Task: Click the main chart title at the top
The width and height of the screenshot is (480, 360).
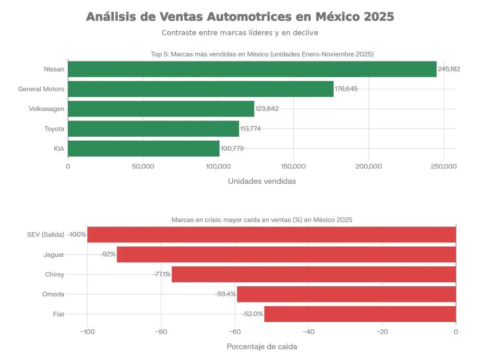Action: [240, 17]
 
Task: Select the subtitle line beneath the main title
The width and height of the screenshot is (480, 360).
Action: [240, 34]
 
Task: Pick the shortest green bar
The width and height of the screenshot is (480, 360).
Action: [144, 149]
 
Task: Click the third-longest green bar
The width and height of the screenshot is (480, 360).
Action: [161, 109]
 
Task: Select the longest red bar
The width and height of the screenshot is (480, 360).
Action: [271, 234]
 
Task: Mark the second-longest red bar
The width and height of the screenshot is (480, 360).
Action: [286, 254]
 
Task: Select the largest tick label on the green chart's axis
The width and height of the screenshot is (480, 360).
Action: [444, 166]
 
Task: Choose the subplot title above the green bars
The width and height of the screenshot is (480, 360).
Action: [262, 54]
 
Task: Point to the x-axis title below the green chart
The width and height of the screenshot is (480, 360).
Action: [262, 180]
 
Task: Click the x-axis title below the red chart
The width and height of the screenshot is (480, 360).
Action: [262, 345]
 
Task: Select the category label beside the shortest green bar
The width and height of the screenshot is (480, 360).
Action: [59, 149]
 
